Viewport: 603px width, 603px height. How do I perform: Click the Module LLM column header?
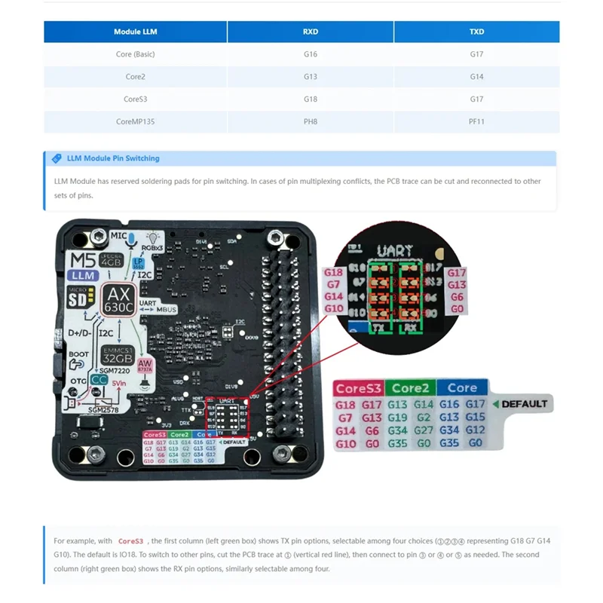136,32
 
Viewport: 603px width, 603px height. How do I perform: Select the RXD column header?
310,32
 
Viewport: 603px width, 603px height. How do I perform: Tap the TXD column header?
476,32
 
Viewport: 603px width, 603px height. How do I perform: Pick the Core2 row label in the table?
136,77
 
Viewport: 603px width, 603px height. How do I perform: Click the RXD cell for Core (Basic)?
310,54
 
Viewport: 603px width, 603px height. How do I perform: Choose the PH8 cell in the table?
310,121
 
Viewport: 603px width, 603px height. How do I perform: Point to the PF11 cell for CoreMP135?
476,121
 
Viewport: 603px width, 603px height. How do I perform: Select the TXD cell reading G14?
476,77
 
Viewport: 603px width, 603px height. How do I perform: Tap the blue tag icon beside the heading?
56,158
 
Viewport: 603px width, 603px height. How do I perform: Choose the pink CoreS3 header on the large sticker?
359,388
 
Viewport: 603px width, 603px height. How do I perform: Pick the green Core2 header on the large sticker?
410,388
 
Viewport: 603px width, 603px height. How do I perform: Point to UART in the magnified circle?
394,250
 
